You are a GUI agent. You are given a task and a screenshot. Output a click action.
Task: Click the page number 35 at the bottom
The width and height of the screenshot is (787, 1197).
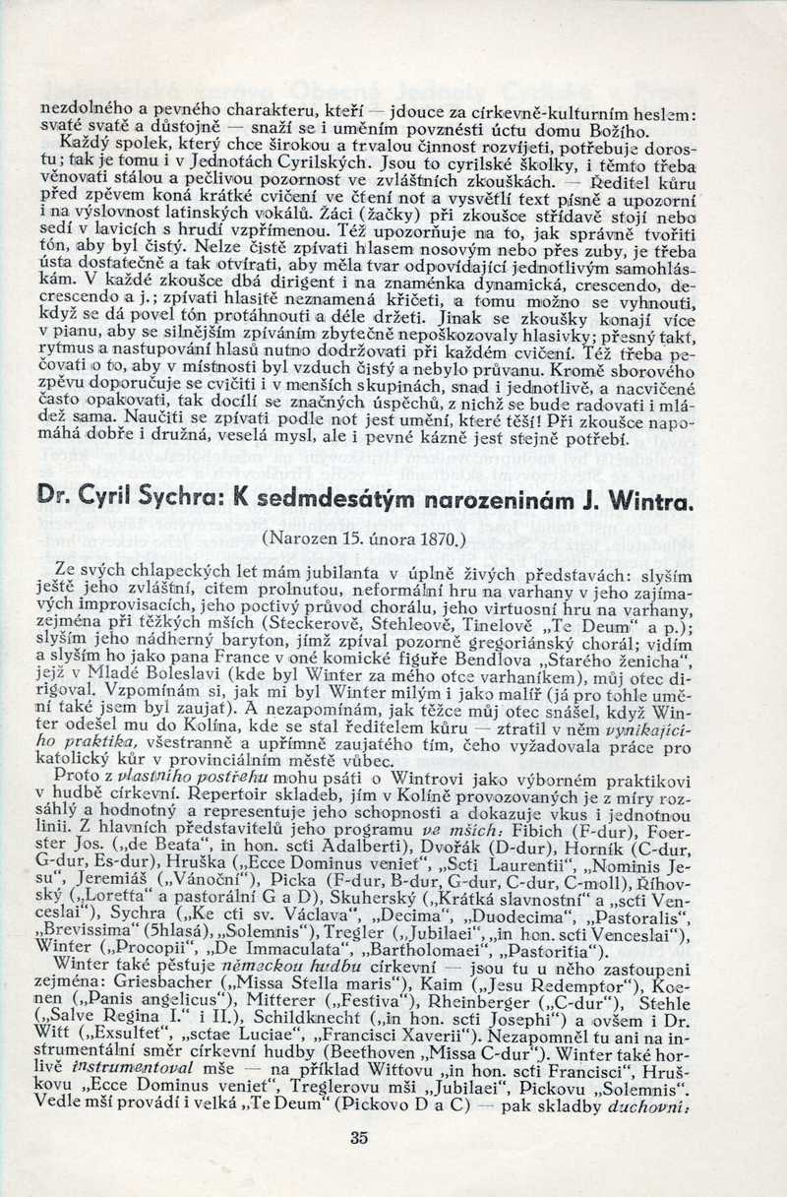tap(358, 1138)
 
